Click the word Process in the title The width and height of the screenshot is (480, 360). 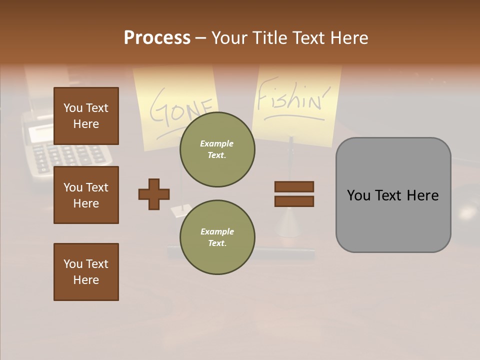click(157, 37)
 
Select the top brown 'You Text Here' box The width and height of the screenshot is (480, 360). click(86, 116)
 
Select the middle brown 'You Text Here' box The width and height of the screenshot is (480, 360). click(86, 195)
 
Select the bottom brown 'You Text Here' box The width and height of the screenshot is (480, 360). click(86, 272)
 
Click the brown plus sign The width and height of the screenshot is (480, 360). click(154, 194)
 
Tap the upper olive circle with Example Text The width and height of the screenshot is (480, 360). click(217, 149)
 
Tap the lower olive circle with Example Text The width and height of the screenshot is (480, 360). click(217, 237)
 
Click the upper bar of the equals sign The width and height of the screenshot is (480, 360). click(294, 186)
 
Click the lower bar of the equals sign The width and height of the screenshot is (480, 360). click(294, 201)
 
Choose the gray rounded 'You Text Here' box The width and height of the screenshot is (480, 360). click(393, 195)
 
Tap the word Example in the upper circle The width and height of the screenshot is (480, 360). click(217, 143)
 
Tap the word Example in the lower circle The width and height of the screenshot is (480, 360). click(217, 231)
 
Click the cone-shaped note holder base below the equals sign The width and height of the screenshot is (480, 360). click(290, 222)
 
